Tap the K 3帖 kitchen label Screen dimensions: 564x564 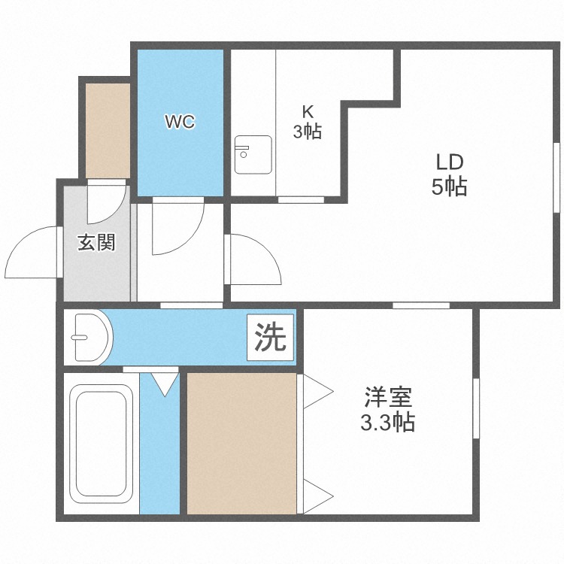click(x=308, y=123)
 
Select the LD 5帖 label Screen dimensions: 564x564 click(x=449, y=174)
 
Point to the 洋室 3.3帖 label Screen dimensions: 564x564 click(x=389, y=409)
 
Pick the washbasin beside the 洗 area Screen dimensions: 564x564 click(x=91, y=338)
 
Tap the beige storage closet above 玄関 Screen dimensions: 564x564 click(x=108, y=129)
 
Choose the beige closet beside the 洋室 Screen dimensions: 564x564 click(x=241, y=444)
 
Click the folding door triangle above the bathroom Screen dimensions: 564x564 click(x=165, y=384)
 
